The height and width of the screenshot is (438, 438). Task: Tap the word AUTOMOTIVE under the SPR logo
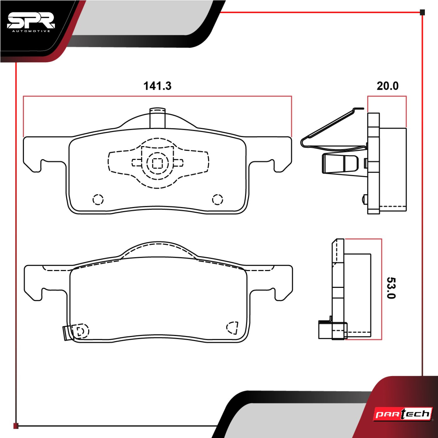point(31,31)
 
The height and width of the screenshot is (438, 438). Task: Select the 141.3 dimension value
point(157,86)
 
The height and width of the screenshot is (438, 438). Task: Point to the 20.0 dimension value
point(388,86)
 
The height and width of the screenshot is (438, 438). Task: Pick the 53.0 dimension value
point(391,288)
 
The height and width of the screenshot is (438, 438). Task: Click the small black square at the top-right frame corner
point(422,12)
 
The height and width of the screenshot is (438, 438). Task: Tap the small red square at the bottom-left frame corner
point(16,426)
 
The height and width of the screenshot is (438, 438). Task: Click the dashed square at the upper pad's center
point(157,163)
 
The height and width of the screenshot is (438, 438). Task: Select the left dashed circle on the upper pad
point(98,200)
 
